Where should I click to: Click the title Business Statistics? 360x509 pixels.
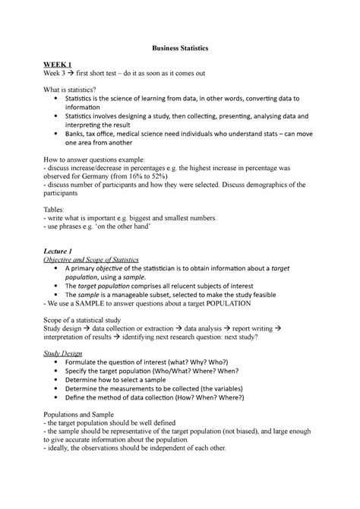(179, 47)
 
